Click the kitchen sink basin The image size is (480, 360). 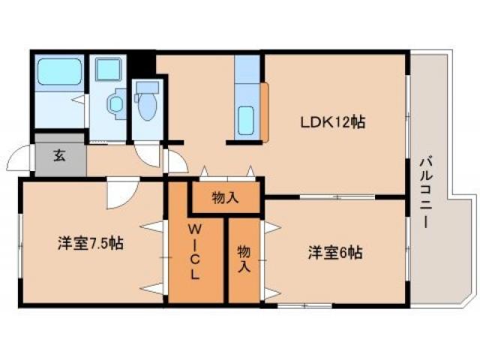coord(246,118)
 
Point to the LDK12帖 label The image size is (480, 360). coord(333,121)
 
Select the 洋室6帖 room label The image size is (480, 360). coord(334,252)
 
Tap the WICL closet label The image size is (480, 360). coord(194,250)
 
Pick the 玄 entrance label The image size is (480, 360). coord(58,157)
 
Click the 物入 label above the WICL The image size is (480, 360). coord(225,198)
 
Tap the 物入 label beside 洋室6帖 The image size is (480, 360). coord(244,256)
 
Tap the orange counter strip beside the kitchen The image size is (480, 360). coord(265,112)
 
